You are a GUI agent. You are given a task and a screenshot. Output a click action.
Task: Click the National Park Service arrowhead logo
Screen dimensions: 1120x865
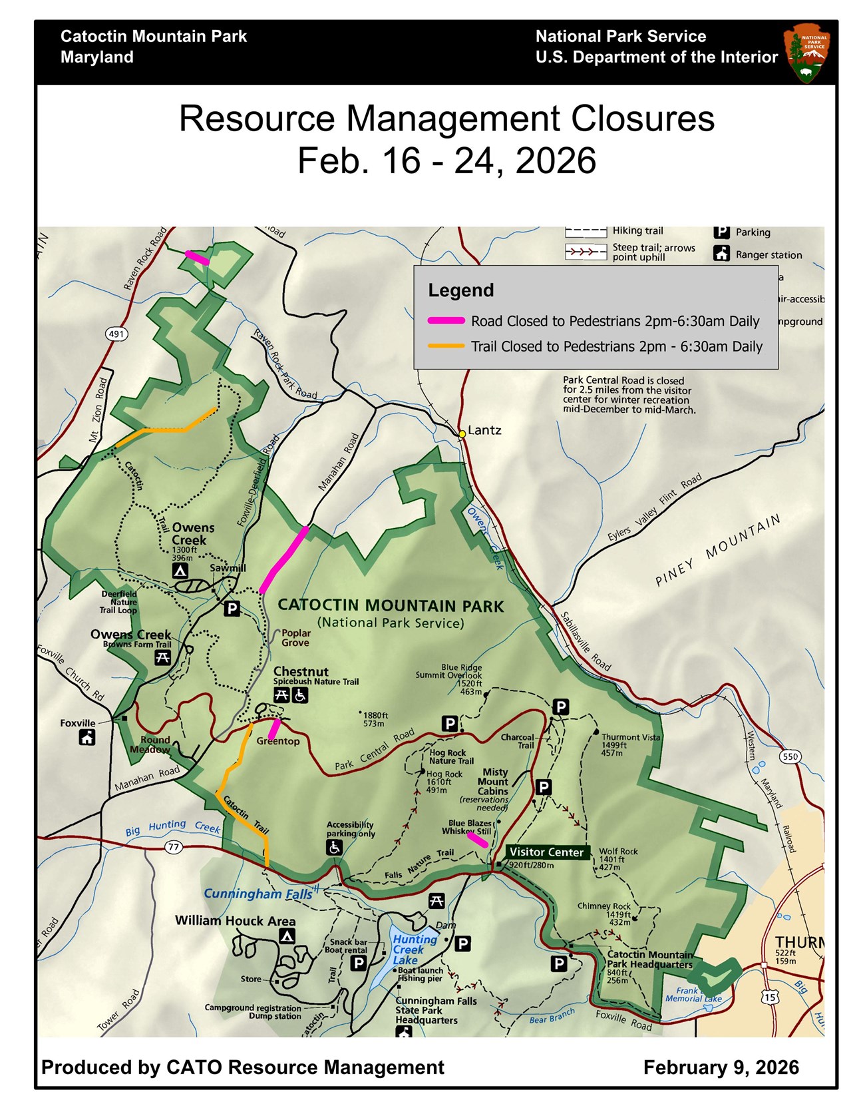coord(808,53)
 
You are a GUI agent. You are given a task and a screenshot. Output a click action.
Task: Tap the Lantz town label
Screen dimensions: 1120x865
coord(484,430)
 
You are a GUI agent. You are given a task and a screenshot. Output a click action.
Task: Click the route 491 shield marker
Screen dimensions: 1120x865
coord(117,334)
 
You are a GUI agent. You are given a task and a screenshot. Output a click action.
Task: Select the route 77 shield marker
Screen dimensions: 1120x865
coord(174,846)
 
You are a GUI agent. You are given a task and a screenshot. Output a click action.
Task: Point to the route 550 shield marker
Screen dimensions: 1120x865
coord(790,756)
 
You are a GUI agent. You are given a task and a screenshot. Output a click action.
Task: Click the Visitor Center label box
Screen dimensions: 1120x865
coord(546,852)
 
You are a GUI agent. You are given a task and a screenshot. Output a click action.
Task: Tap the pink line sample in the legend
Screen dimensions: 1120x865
coord(446,321)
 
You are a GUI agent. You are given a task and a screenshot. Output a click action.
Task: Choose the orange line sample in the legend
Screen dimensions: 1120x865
coord(446,346)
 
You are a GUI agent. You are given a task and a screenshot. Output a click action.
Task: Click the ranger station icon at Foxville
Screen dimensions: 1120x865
coord(87,737)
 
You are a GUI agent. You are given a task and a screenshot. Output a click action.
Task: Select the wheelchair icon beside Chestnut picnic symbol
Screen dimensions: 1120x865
coord(300,695)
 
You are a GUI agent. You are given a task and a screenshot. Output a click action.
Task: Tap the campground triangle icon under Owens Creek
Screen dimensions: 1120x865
coord(180,571)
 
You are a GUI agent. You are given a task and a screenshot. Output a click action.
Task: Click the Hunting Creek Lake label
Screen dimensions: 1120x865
coord(414,949)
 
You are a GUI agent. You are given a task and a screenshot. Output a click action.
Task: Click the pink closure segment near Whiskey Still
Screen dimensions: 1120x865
coord(478,840)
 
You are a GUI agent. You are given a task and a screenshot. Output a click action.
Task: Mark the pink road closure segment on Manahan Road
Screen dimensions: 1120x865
coord(284,559)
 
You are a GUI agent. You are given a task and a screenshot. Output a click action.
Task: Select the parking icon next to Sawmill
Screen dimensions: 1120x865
coord(232,608)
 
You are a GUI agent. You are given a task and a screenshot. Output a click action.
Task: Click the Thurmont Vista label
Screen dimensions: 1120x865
coord(630,737)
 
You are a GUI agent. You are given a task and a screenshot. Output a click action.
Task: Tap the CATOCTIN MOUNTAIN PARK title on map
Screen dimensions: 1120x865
coord(391,606)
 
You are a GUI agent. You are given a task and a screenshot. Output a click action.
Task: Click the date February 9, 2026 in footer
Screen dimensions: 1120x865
coord(721,1067)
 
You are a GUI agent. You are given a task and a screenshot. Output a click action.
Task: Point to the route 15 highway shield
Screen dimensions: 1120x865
coord(770,997)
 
